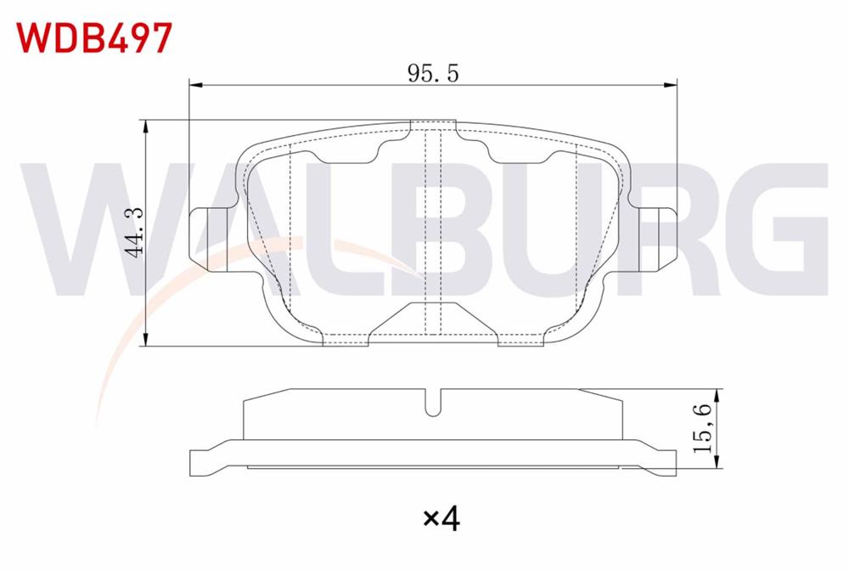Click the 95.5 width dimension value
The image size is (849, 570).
[432, 73]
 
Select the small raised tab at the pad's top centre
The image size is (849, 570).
[434, 127]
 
